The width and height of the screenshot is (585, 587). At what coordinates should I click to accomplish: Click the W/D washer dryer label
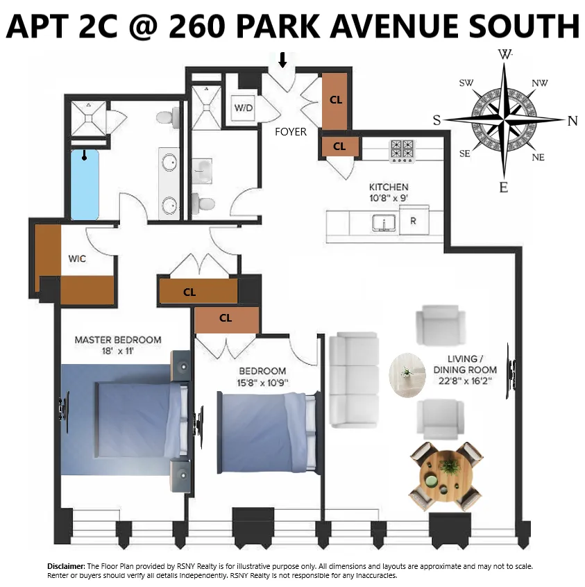244,108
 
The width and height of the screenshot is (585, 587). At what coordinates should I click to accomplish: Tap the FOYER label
290,131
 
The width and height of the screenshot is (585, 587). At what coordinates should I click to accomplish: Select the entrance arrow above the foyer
282,60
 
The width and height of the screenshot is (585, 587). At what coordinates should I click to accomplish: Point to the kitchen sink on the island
383,223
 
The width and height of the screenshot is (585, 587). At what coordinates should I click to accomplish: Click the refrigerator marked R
413,222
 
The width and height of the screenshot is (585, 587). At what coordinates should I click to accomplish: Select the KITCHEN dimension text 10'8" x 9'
388,198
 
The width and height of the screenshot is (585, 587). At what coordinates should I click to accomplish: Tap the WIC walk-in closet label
77,258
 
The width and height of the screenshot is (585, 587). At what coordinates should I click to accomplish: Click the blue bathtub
85,184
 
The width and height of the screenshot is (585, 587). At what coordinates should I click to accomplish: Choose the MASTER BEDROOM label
118,340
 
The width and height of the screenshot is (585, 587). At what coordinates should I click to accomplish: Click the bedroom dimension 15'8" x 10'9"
262,381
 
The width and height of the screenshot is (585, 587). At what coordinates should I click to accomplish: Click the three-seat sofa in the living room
354,379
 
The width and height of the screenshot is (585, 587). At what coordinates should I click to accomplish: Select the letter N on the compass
573,120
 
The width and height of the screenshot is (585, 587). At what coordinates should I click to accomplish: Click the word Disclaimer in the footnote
66,567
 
